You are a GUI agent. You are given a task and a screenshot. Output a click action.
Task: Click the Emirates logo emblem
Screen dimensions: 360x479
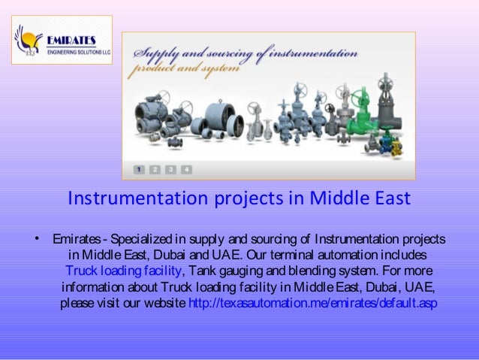[29, 39]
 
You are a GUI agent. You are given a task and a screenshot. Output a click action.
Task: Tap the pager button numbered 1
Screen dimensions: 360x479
[140, 169]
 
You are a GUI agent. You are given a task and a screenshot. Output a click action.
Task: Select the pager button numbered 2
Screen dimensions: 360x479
[155, 169]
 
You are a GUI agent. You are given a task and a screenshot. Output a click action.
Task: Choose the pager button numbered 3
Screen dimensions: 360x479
[170, 169]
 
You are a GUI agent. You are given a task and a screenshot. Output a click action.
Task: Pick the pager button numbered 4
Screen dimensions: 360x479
[185, 169]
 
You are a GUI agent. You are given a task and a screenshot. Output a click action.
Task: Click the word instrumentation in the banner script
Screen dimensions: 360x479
[313, 54]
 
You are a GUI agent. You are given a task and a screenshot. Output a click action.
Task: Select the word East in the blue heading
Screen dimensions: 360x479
[387, 199]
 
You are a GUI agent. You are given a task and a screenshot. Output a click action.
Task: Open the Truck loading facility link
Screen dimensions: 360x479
[123, 271]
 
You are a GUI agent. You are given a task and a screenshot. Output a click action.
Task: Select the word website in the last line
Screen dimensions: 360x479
[162, 304]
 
